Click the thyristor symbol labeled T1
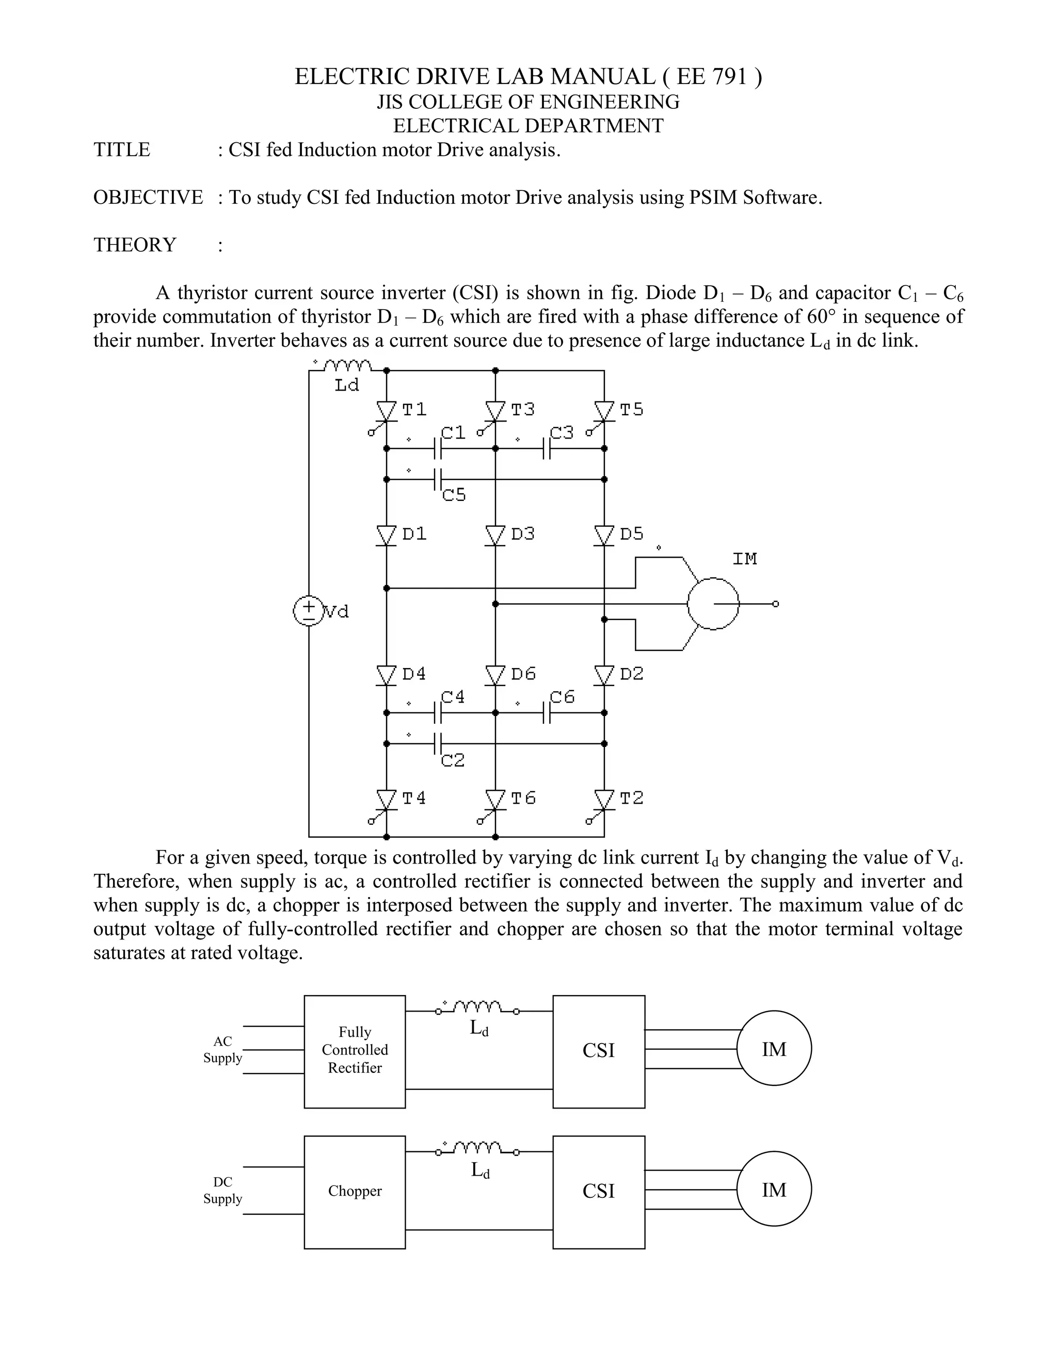387,412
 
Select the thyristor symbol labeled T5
604,412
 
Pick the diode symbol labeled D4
387,675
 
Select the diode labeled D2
604,675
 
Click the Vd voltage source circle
308,611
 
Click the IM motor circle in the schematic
713,604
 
